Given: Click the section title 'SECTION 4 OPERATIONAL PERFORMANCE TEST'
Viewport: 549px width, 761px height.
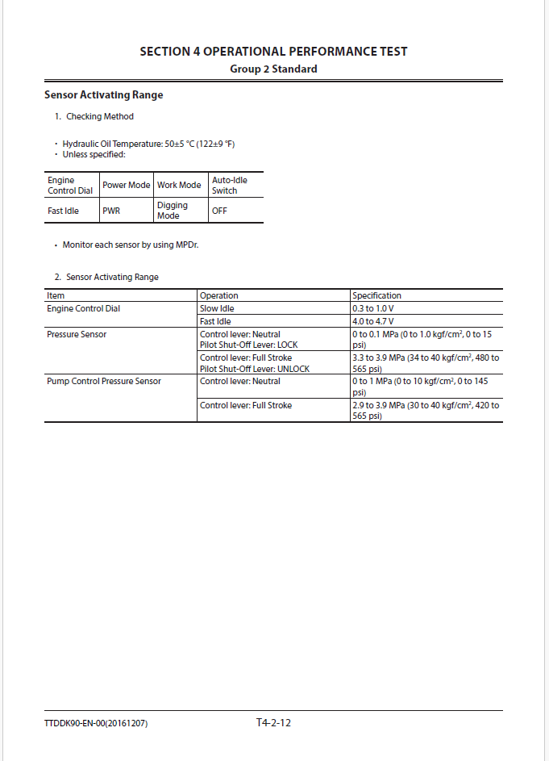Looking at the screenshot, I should pyautogui.click(x=273, y=52).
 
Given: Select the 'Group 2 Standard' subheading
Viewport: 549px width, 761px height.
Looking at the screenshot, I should pyautogui.click(x=273, y=69).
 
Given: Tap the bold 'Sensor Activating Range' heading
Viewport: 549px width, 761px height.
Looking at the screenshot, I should pyautogui.click(x=103, y=95).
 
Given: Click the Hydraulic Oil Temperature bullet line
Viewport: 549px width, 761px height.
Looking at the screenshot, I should pyautogui.click(x=148, y=144).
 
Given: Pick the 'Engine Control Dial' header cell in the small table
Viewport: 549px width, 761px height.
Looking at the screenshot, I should pyautogui.click(x=70, y=185).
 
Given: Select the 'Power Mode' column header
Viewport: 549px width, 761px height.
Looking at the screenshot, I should pyautogui.click(x=126, y=185).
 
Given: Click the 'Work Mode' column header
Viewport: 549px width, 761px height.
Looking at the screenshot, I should pyautogui.click(x=179, y=185).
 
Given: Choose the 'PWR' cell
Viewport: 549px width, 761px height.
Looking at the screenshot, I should pyautogui.click(x=111, y=211).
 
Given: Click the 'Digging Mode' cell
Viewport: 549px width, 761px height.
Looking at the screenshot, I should pyautogui.click(x=172, y=211).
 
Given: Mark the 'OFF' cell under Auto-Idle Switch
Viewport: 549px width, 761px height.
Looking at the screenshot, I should pyautogui.click(x=219, y=211).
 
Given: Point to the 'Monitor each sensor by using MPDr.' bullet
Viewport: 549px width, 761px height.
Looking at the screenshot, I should pyautogui.click(x=130, y=245).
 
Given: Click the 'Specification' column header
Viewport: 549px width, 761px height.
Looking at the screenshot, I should pyautogui.click(x=376, y=295).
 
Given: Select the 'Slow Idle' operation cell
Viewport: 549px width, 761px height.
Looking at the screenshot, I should pyautogui.click(x=217, y=308).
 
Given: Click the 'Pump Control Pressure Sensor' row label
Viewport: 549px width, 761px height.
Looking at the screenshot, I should pyautogui.click(x=103, y=381).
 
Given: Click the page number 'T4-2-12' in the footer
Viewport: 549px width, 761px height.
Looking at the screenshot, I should pyautogui.click(x=273, y=723).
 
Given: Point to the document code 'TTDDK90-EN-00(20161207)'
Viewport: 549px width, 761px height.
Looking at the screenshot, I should pyautogui.click(x=96, y=724).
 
